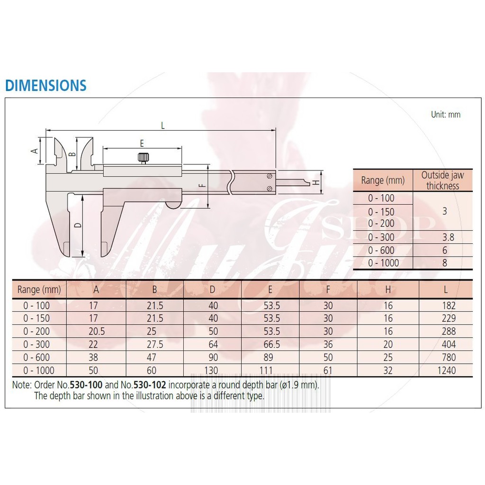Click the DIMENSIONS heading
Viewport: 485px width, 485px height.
pos(46,85)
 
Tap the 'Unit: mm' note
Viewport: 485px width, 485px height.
pos(446,115)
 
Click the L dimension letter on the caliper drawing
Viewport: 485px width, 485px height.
pos(163,126)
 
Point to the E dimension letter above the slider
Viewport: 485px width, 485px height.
pos(142,143)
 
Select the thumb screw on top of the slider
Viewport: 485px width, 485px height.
pos(143,158)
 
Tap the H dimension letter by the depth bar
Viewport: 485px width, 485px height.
pos(315,182)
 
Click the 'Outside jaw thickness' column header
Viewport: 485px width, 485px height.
pos(443,180)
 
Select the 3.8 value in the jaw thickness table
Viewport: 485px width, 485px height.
pos(448,237)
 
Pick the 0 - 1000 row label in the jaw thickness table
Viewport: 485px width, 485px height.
pos(383,263)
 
